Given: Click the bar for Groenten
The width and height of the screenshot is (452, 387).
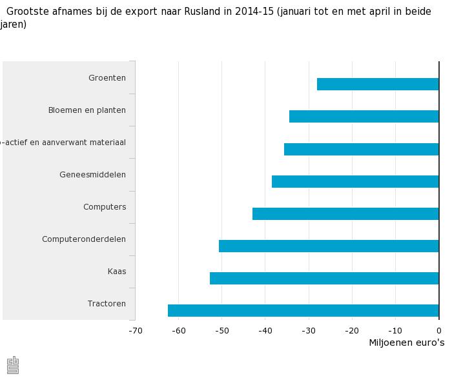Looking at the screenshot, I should (x=378, y=84).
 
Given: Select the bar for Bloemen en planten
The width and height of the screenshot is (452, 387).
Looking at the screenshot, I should (x=364, y=117).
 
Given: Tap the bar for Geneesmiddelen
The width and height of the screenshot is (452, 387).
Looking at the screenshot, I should (x=355, y=181).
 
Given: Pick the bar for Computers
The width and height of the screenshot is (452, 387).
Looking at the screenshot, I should (x=345, y=213).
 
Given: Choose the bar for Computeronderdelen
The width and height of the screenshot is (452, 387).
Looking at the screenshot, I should (x=329, y=246).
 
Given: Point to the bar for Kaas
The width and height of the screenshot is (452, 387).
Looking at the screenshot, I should (x=324, y=278).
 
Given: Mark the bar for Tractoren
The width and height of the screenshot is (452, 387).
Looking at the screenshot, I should (x=303, y=310).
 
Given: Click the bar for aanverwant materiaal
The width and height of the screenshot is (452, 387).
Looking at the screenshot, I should (x=361, y=149).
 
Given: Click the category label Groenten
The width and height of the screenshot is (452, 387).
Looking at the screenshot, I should (x=107, y=78).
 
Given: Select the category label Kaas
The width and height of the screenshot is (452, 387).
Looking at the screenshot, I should (x=117, y=272).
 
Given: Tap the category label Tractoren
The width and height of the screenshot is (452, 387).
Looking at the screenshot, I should (x=107, y=304).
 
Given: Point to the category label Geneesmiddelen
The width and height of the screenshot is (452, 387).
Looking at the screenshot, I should (x=92, y=175).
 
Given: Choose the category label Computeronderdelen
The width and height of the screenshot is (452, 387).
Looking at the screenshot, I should (x=84, y=239).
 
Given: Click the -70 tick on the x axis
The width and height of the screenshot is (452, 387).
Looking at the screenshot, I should (x=136, y=331).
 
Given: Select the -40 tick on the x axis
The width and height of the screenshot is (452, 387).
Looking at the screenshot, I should (x=265, y=331).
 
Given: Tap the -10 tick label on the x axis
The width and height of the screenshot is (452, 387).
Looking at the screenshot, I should (x=395, y=331).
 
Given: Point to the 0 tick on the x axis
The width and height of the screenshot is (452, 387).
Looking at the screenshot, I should (x=439, y=331).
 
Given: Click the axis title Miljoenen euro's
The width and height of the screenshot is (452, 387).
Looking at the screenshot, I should (x=406, y=342).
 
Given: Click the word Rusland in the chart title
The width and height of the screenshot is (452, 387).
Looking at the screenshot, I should (x=202, y=12).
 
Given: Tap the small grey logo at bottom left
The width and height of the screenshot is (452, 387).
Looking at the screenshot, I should (x=13, y=365).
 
